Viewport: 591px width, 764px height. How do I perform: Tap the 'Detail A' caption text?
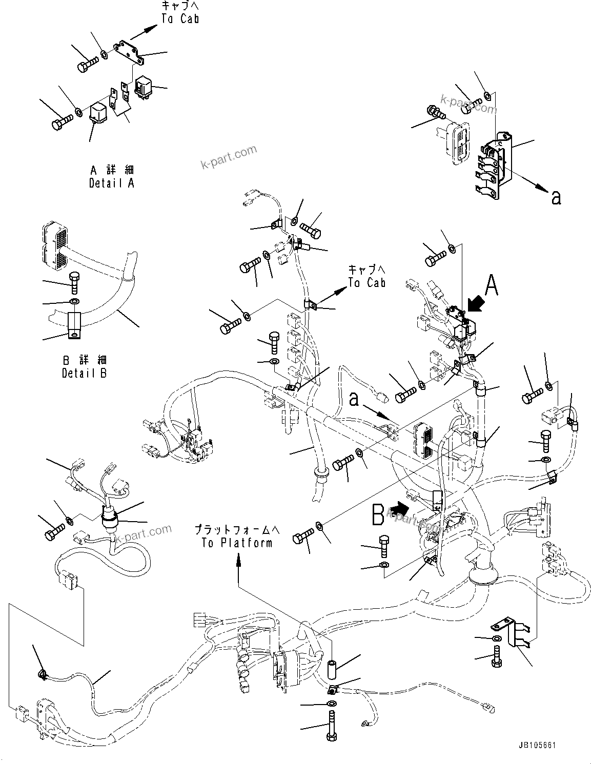tap(111, 176)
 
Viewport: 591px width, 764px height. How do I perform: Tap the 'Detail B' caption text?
tap(85, 367)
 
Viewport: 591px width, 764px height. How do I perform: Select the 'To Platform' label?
tap(237, 536)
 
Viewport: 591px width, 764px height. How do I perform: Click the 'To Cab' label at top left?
tap(180, 12)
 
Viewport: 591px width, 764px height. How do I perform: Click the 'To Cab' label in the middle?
tap(366, 276)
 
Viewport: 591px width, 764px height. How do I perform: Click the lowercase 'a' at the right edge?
tap(556, 197)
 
